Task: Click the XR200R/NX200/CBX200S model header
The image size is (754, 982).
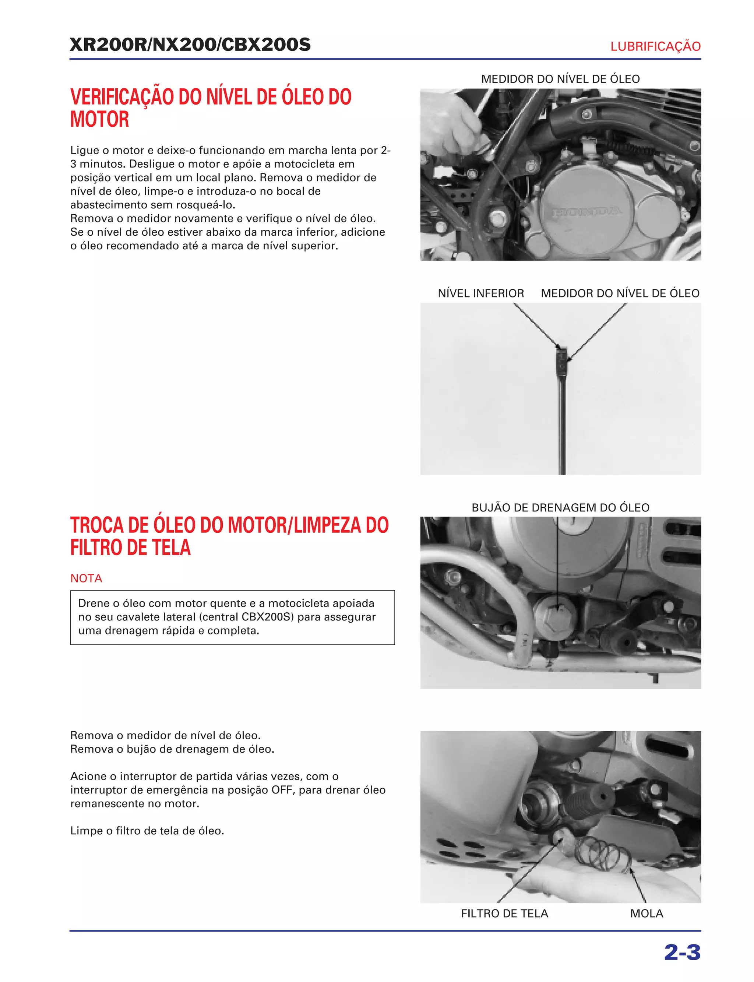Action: pos(190,45)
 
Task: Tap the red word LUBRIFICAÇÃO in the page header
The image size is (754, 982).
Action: pos(655,47)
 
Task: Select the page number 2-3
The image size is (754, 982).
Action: pos(682,953)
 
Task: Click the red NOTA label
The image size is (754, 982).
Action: pos(86,578)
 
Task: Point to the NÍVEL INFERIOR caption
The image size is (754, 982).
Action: pos(481,293)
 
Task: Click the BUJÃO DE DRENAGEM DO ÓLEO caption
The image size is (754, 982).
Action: pos(560,508)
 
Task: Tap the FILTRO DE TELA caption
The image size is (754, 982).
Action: pos(504,914)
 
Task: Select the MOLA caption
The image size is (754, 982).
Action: pos(646,914)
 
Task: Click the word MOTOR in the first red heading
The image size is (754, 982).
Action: pos(100,120)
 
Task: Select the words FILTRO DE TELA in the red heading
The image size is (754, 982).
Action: pos(130,548)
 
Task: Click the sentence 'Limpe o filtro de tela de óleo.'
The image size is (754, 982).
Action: pos(147,831)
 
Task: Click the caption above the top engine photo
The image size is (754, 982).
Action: pos(560,80)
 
